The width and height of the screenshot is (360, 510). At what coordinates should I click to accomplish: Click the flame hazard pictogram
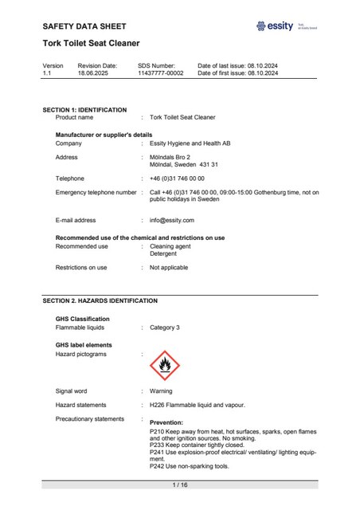[x=165, y=365]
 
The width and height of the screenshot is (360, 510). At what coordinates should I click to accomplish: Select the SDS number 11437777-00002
[x=160, y=73]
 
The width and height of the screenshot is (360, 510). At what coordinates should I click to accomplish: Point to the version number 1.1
[x=47, y=73]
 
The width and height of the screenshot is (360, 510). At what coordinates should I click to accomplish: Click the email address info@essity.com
[x=173, y=219]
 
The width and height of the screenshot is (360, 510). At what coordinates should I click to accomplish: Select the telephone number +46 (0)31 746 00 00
[x=177, y=178]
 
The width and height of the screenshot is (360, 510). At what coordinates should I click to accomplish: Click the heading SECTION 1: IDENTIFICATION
[x=84, y=109]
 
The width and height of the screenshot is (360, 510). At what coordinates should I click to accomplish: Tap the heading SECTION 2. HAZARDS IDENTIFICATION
[x=100, y=300]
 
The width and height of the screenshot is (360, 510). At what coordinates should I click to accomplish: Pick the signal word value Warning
[x=162, y=391]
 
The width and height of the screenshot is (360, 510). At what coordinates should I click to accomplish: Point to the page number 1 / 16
[x=180, y=485]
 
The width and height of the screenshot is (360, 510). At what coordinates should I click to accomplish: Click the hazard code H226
[x=158, y=405]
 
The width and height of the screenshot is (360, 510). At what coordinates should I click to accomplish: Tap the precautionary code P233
[x=158, y=446]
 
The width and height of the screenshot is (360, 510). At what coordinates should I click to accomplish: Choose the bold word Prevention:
[x=166, y=422]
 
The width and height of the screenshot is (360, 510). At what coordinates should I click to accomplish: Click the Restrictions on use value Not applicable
[x=169, y=268]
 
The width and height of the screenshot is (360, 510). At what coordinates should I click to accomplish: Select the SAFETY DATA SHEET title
[x=84, y=26]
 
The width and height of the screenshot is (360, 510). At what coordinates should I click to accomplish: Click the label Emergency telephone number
[x=96, y=192]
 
